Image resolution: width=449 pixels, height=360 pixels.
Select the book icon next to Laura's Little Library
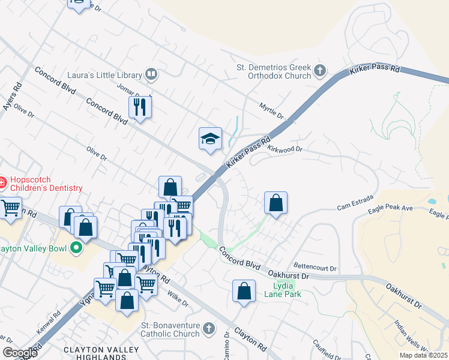tap(152, 75)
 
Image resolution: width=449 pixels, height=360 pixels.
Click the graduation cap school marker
tap(210, 139)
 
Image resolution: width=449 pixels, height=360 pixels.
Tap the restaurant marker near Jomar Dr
tap(140, 107)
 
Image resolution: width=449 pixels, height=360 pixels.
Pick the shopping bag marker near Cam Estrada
tap(276, 203)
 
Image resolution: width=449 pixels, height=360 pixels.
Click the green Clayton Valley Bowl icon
tap(76, 247)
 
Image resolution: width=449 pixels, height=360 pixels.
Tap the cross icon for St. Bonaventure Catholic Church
tap(208, 329)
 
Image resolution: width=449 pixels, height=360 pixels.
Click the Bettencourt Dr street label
tap(315, 267)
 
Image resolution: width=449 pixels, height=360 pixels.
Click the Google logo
tap(20, 353)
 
